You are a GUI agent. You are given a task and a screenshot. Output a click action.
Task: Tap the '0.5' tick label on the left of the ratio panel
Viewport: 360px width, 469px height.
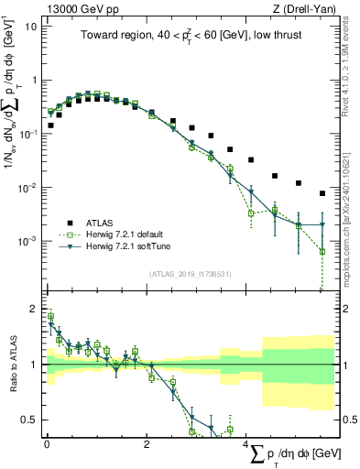click(x=29, y=420)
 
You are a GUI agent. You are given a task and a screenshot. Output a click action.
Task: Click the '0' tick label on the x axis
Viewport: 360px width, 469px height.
click(x=47, y=444)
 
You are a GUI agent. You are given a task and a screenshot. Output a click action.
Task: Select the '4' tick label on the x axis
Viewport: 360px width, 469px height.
click(x=245, y=444)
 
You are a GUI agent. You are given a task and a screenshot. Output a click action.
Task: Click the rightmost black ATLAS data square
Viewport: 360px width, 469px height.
click(x=322, y=193)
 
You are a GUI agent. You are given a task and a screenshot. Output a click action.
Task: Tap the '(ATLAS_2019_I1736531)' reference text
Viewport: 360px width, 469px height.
click(x=189, y=273)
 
